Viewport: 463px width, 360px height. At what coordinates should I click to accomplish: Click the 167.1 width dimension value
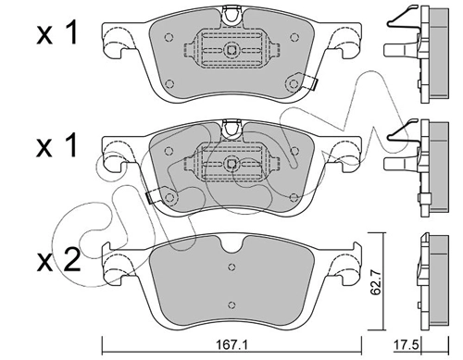coord(232,345)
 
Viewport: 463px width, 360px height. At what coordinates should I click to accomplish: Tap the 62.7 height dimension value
coord(375,281)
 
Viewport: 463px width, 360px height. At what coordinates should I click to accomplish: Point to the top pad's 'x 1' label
coord(56,34)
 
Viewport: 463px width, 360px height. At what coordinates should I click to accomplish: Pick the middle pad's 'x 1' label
coord(56,146)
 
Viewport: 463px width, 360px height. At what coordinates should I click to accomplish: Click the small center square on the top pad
coord(231,49)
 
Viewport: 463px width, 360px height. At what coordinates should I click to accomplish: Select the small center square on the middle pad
coord(231,164)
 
